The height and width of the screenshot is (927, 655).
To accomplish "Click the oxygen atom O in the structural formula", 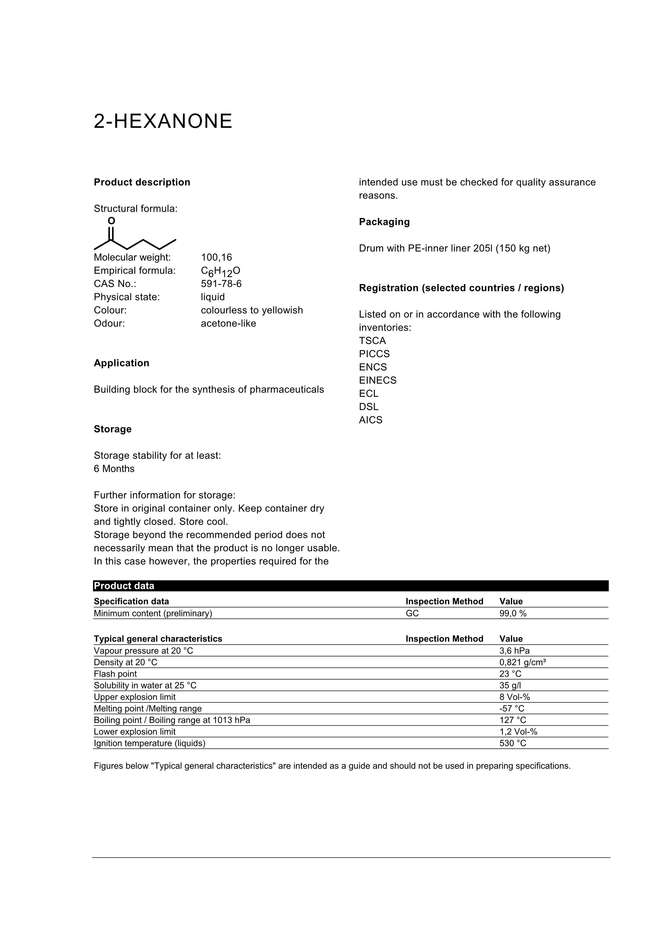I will coord(112,221).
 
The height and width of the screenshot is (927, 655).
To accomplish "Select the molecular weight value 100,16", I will coord(216,257).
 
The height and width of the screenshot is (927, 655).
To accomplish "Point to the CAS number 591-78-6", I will coord(221,284).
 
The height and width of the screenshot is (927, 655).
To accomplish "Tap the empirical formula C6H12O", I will coord(220,271).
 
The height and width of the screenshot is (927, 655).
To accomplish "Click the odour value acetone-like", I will coord(229,323).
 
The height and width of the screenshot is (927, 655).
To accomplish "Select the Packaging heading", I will coord(384,222).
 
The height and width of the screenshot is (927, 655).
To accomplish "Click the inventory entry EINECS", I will coord(378,380).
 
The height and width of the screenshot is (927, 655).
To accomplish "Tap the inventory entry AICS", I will coord(370,420).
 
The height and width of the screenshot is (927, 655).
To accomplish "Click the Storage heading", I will coord(113,429).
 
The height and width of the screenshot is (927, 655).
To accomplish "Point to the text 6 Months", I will coord(114,469).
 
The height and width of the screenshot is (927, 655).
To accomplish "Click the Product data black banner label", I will coord(124,586).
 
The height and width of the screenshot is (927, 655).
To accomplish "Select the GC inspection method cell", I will coord(412,613).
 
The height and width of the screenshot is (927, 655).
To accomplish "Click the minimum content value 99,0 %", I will coord(513,613).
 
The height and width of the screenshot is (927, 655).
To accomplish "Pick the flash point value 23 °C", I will coord(510,674).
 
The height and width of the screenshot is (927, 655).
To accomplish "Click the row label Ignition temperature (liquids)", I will coord(149,743).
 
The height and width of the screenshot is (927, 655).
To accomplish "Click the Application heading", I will coord(122,363).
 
